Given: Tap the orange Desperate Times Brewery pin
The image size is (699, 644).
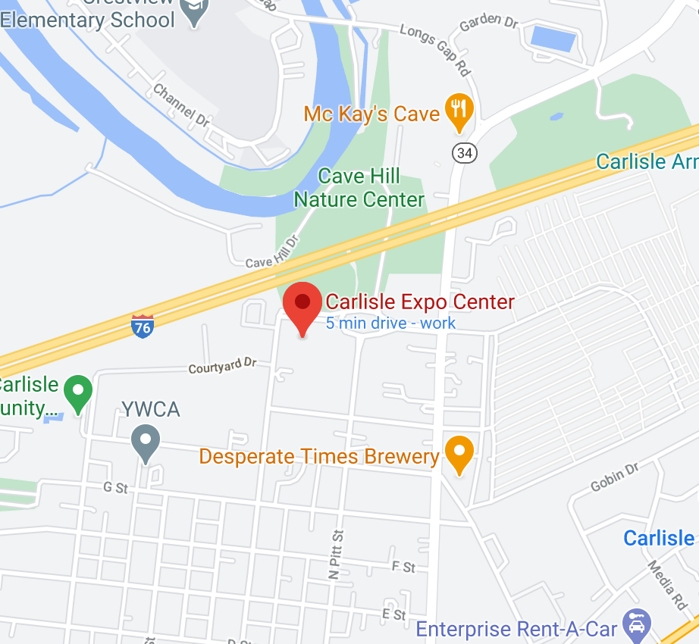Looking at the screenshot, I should tap(459, 454).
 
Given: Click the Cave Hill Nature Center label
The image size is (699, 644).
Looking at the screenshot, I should tap(359, 188).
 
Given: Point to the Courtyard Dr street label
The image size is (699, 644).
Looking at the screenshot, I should tap(222, 367).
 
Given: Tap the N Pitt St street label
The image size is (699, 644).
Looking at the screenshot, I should tap(335, 555).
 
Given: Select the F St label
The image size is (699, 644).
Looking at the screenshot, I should tap(403, 567).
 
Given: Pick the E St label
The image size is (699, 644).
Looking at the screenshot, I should tap(394, 614).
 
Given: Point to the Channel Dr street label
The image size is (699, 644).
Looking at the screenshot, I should tap(181, 105).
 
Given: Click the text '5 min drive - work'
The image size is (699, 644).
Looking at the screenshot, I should tap(390, 323).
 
